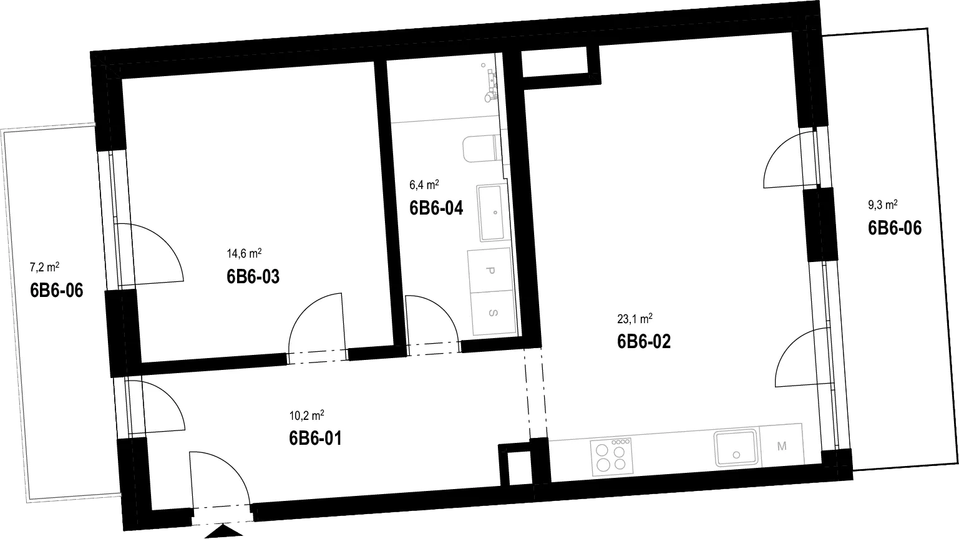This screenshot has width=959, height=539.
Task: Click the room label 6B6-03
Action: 253,276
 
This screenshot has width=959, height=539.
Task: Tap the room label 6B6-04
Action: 436,208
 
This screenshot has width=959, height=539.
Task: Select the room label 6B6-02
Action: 644,342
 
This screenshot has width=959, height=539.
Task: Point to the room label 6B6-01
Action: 316,439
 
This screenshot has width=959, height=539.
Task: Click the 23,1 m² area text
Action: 635,319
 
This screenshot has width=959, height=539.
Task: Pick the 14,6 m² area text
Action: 244,253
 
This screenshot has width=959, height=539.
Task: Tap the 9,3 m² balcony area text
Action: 883,205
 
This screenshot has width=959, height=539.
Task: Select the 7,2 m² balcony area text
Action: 44,267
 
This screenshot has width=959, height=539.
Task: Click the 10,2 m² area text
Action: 306,415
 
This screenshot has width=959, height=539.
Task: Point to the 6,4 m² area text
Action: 424,185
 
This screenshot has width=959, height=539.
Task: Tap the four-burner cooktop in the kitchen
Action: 611,457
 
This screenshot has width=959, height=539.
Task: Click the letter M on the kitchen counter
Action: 782,446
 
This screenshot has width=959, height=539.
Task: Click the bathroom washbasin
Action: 492,213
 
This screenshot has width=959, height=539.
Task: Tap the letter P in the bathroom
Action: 490,271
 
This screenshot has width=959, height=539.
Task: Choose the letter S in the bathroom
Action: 493,313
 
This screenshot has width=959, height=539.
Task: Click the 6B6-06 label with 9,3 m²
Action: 895,228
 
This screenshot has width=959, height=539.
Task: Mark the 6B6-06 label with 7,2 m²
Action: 57,291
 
